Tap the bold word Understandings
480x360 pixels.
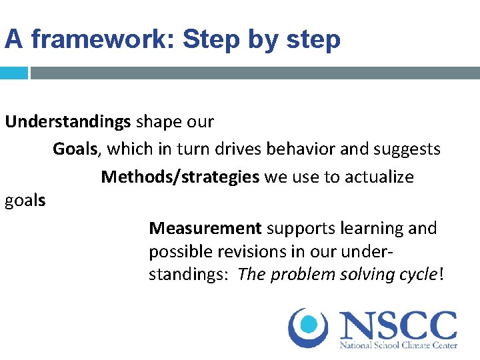click(x=67, y=123)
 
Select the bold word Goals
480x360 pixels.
click(x=75, y=149)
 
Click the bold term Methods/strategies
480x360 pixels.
click(x=180, y=177)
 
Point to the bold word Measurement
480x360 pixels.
click(x=205, y=229)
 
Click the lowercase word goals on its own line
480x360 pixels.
click(x=25, y=201)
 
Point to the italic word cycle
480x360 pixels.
click(x=415, y=275)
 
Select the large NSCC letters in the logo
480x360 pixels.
click(x=398, y=326)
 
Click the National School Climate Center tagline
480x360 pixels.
click(x=398, y=346)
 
